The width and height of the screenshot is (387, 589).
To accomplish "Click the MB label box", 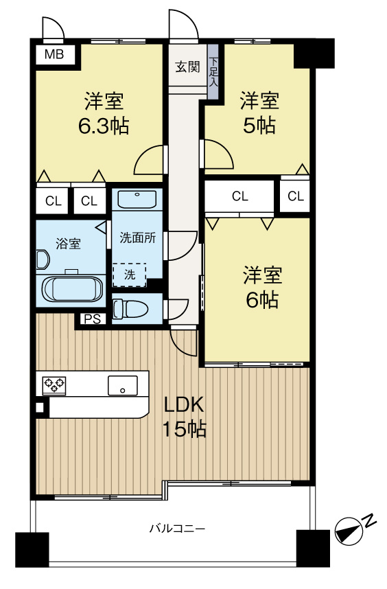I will (55, 55).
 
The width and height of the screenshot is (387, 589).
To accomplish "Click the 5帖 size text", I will (259, 126).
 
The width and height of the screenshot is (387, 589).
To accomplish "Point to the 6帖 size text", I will (261, 299).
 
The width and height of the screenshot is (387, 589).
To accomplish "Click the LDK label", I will (185, 405).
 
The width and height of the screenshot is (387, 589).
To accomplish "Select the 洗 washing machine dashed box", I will (130, 274).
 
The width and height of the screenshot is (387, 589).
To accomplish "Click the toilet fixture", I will (127, 308).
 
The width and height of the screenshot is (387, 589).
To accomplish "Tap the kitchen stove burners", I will (55, 384).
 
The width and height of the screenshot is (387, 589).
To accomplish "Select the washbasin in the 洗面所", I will (137, 199).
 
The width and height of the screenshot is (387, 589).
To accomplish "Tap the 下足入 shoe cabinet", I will (213, 71).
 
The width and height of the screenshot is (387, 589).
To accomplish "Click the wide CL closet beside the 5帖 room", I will (239, 196).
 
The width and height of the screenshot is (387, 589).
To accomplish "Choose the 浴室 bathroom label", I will (67, 242).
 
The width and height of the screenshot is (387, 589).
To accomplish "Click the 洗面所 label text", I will (138, 238).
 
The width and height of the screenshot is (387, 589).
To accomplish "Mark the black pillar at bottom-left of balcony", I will (33, 549).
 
